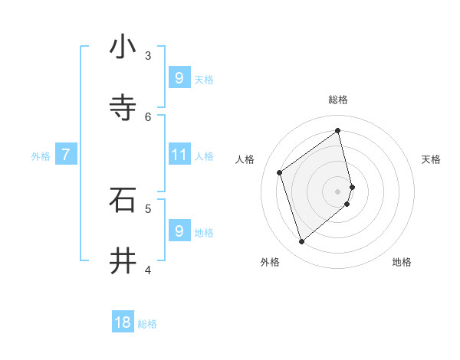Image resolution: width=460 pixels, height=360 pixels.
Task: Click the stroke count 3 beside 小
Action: (148, 55)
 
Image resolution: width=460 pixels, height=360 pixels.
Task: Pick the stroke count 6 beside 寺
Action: (148, 116)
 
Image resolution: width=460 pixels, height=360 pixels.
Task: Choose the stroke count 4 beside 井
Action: (148, 270)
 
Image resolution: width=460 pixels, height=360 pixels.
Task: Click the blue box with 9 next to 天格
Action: (179, 77)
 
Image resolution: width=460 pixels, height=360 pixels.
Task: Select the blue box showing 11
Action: (179, 155)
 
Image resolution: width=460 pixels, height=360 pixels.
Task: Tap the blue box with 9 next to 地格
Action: (179, 231)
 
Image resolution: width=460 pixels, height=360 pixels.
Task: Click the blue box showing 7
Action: (66, 155)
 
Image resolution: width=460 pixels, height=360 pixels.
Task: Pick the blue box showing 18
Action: (123, 322)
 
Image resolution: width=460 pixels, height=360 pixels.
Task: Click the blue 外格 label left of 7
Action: (41, 156)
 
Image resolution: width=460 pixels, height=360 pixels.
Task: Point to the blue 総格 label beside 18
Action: (147, 324)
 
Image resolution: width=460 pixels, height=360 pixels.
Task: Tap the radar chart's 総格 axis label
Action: (338, 100)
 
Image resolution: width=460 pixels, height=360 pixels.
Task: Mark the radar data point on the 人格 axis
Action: (280, 172)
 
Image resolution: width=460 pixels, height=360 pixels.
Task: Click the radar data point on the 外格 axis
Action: (302, 242)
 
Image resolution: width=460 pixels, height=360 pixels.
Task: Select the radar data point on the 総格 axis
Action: (338, 131)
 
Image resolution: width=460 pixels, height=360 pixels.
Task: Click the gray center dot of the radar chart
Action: (338, 191)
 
